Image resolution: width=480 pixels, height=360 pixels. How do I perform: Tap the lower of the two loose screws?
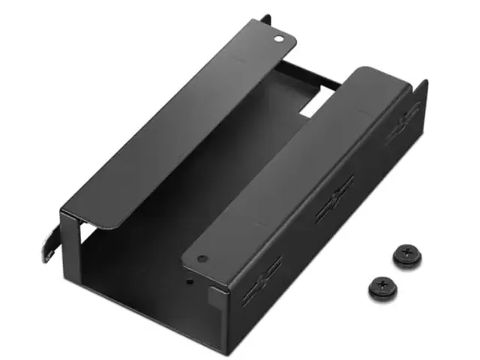pos(382,286)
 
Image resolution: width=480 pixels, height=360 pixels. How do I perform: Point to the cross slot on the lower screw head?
pos(382,285)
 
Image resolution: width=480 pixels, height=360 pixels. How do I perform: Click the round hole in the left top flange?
pos(279,36)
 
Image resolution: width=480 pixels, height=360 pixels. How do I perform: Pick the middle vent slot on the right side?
pos(334,198)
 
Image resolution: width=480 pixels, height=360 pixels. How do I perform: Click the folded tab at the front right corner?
pos(214,300)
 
